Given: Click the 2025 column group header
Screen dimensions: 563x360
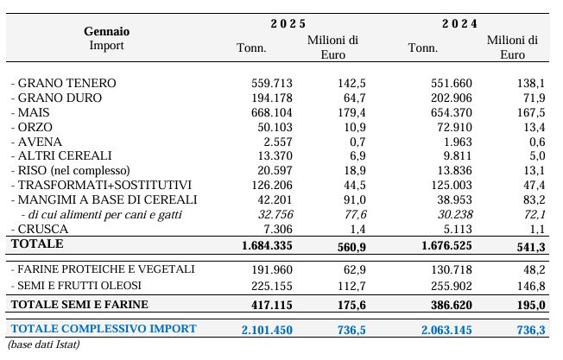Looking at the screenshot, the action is pos(288,23).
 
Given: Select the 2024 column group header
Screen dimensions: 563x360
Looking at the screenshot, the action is pos(459,23).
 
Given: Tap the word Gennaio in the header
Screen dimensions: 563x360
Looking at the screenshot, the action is pos(106,32).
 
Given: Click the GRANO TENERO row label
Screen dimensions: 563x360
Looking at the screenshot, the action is pos(64,83).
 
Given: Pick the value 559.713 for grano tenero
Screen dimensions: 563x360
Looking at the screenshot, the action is pos(272,83).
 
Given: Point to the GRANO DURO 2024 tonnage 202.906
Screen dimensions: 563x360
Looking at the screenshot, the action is pos(452,98).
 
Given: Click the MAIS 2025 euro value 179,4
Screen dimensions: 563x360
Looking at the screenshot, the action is pos(351,113).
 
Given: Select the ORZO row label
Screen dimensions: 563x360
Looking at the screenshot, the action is pos(32,128).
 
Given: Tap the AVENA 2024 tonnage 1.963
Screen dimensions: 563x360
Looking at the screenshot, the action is pos(458,142).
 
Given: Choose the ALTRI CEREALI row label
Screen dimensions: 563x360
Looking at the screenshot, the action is pos(61,155).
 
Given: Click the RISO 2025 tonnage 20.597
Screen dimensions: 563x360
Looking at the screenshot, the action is pos(275,170).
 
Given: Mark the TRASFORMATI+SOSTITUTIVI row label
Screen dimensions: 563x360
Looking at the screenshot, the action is pos(101,186).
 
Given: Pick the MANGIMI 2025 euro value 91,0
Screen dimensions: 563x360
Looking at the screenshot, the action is pos(355,200).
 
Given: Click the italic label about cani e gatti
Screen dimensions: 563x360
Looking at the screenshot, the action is pos(102,215).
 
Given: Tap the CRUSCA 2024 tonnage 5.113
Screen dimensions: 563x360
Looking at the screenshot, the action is pos(458,229).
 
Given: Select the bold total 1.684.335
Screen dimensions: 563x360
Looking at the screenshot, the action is pos(267,246).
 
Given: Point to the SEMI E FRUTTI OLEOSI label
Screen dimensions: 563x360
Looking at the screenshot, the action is pos(76,286).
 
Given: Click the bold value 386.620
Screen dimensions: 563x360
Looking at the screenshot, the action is pos(452,305).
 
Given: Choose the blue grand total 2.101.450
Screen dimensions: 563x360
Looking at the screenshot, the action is pos(267,330).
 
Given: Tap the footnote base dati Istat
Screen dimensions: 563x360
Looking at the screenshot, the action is pos(43,344).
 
